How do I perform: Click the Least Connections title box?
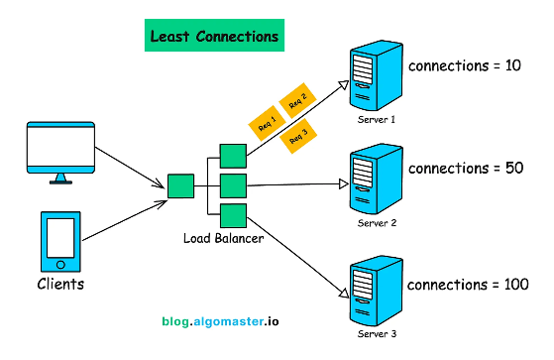point(213,37)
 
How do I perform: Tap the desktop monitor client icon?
point(61,153)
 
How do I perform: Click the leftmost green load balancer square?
point(179,185)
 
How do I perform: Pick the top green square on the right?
point(233,156)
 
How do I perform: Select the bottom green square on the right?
point(233,215)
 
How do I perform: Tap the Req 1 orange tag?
point(266,125)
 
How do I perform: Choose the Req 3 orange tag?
point(298,138)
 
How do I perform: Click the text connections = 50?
point(465,168)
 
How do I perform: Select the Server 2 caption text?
point(377,223)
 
